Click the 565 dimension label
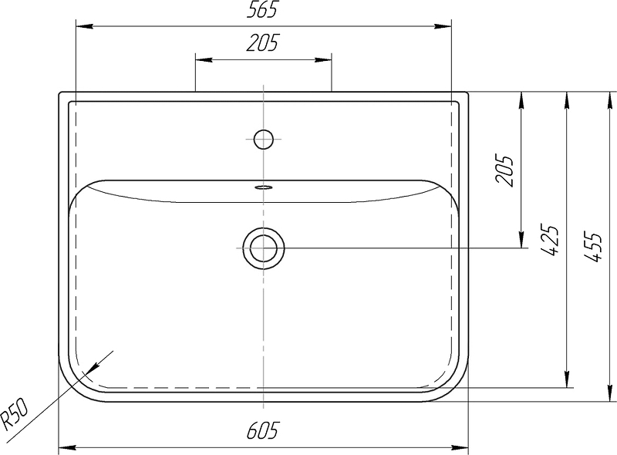click(x=262, y=9)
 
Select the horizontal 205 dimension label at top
click(x=262, y=43)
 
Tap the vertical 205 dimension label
click(x=505, y=170)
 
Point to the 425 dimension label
click(x=549, y=241)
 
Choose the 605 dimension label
click(x=262, y=430)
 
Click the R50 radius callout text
click(x=14, y=413)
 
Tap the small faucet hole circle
click(x=264, y=140)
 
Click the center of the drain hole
click(x=263, y=248)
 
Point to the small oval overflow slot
click(x=264, y=187)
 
